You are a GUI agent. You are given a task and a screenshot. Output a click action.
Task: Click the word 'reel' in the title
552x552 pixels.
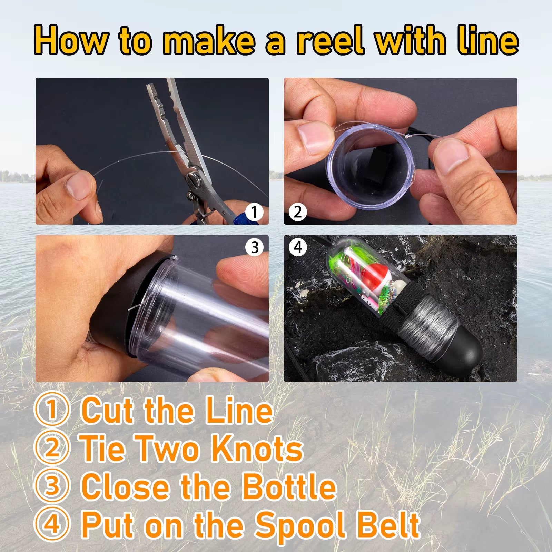[330, 41]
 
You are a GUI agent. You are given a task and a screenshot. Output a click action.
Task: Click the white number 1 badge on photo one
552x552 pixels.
[255, 212]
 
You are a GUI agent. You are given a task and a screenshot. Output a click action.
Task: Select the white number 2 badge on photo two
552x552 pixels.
[298, 212]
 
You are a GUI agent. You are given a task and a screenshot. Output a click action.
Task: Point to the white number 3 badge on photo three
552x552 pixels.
[255, 247]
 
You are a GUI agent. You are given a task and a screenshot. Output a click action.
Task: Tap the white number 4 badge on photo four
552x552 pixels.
[298, 247]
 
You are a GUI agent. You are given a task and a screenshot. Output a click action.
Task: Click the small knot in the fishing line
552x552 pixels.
[408, 137]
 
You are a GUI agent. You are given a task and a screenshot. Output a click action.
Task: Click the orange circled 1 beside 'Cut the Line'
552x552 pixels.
[52, 410]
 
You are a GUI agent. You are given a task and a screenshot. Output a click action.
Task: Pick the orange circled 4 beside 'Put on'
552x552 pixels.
[52, 524]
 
